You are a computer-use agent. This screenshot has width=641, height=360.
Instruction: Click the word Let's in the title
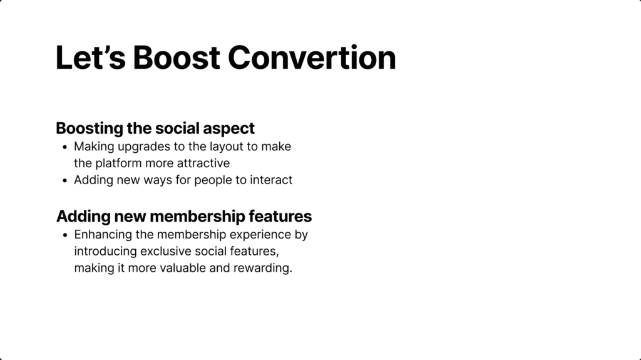[90, 57]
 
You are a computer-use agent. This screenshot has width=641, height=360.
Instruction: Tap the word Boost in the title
[177, 57]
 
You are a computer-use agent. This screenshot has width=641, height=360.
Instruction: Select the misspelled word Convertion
[312, 57]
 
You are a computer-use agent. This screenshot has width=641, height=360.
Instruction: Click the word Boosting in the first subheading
[89, 129]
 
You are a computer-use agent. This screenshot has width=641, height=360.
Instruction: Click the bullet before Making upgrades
[64, 147]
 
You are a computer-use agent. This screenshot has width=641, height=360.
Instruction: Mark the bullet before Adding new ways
[64, 180]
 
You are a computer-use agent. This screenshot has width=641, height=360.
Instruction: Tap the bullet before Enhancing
[64, 235]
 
